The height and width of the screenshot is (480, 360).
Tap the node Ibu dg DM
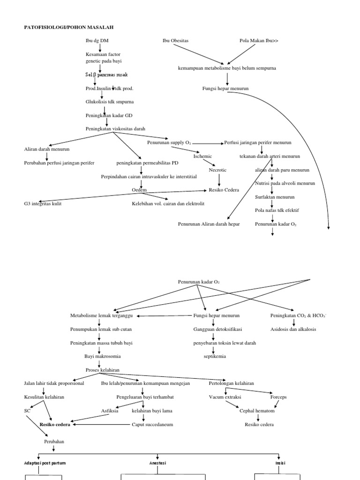coord(97,41)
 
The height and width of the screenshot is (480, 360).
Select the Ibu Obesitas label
coord(175,41)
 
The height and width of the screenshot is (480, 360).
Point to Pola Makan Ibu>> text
coord(259,41)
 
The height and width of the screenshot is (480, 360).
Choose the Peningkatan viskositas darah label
coord(115,128)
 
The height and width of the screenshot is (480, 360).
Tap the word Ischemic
coord(202,156)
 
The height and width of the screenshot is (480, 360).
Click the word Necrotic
coord(218,170)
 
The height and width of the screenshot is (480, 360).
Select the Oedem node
coord(139,190)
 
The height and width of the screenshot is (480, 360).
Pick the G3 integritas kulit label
coord(43,203)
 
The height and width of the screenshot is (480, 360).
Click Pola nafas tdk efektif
coord(277,210)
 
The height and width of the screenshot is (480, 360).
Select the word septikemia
coord(215,356)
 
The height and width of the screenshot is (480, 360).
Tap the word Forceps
coord(278,397)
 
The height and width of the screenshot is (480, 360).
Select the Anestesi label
coord(158,463)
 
